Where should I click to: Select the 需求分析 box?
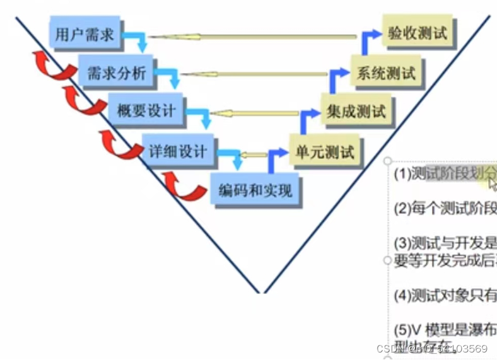tap(116, 73)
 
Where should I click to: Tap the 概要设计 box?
tap(146, 111)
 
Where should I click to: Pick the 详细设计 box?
tap(178, 151)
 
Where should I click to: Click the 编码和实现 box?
tap(255, 189)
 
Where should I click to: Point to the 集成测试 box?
tap(356, 112)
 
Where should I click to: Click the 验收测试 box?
tap(418, 33)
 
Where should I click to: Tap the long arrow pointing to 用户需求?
tap(252, 38)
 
